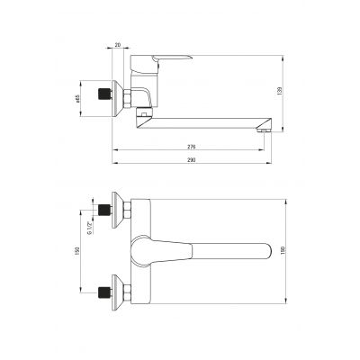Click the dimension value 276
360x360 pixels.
pos(192,146)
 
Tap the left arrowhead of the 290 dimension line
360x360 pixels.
pos(115,164)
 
